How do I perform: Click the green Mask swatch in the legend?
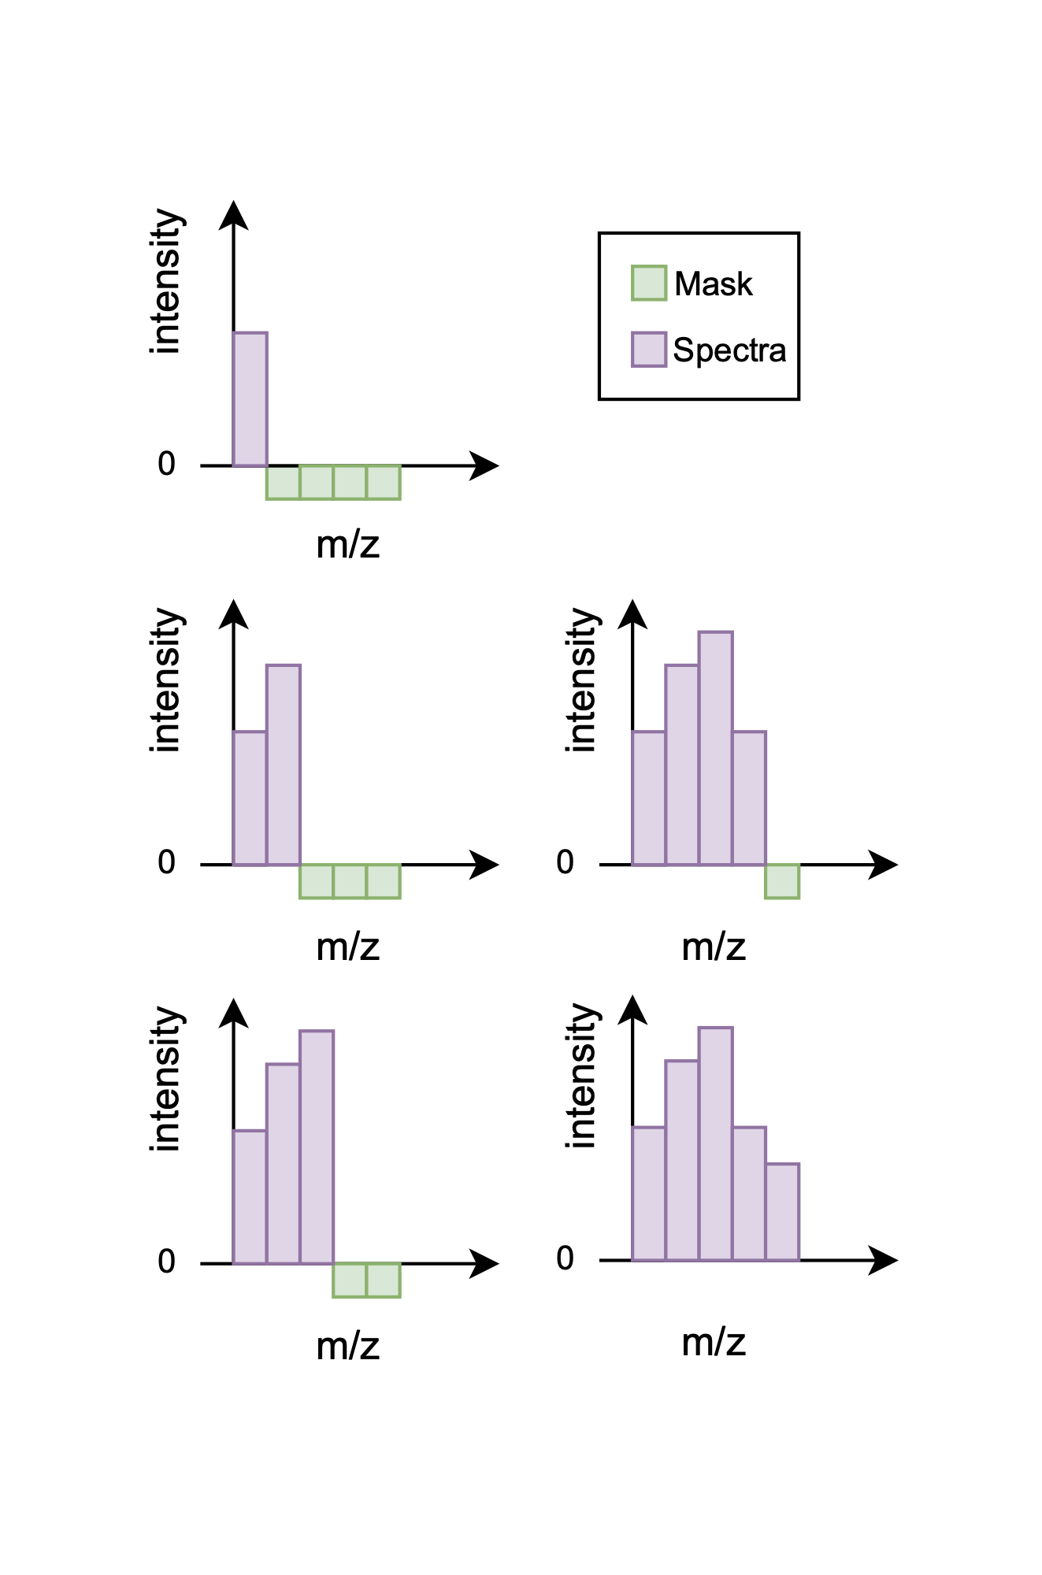click(649, 283)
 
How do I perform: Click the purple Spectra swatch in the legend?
click(649, 350)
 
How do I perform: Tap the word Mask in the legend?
click(714, 284)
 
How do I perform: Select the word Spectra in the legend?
click(729, 350)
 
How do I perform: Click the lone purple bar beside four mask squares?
click(250, 399)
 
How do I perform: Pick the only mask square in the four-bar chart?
click(782, 881)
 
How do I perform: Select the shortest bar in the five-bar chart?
click(782, 1212)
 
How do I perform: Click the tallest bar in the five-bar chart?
click(715, 1143)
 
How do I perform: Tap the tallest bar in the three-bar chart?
click(317, 1147)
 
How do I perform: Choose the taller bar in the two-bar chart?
click(284, 765)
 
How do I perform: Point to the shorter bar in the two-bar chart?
click(250, 798)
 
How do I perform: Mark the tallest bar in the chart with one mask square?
click(715, 748)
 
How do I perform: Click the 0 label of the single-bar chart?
click(166, 464)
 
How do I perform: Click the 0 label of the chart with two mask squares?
click(166, 1262)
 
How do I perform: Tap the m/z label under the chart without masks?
click(714, 1342)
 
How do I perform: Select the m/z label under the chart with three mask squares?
click(347, 947)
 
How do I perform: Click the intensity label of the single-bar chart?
click(167, 281)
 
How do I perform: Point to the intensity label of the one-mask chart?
click(583, 680)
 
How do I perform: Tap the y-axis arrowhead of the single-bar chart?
click(233, 215)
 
